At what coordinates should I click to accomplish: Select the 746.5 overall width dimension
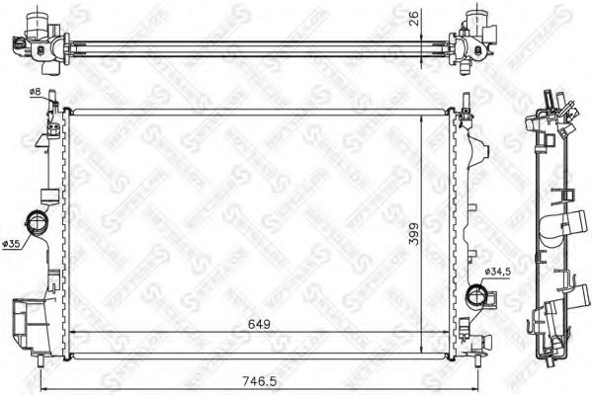coord(259,377)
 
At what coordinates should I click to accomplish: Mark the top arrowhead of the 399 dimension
coord(422,116)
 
